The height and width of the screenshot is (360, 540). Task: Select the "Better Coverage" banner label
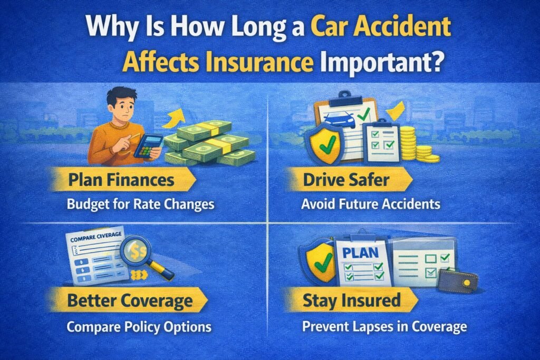point(129,302)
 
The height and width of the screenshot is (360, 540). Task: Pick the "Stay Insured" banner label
point(351,301)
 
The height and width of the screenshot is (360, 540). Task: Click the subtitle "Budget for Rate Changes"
point(141,204)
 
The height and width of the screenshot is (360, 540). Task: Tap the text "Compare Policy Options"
point(139,327)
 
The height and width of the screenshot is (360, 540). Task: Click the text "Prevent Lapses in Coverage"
point(384,327)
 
